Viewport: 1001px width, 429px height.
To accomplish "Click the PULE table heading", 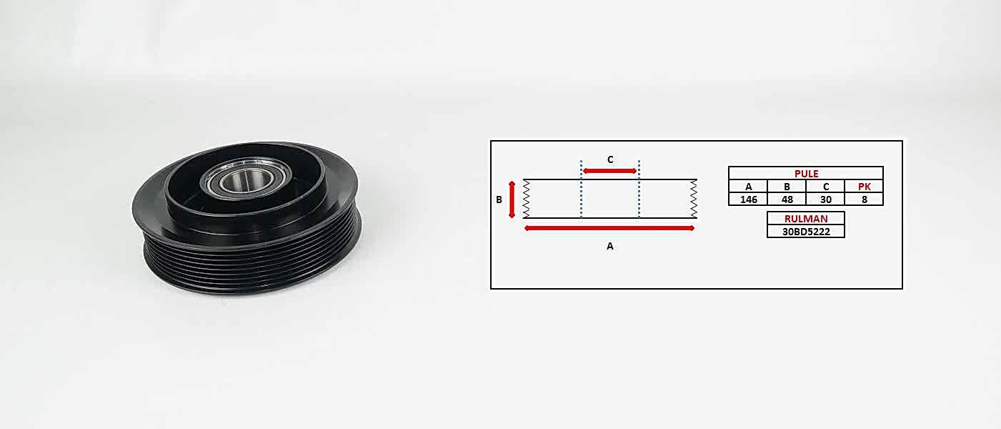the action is pos(806,174).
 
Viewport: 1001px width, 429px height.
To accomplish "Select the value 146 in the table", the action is pos(749,199).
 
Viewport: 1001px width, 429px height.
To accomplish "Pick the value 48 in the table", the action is pos(787,199).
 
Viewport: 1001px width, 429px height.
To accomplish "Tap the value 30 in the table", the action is pos(826,199).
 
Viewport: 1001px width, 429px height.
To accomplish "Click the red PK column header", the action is pos(865,187).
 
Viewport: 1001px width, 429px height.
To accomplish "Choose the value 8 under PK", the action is pos(865,199).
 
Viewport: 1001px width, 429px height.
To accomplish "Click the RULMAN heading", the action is pos(806,219).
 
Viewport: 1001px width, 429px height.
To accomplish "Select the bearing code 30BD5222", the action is pos(806,232).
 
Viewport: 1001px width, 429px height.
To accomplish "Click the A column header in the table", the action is pos(749,187).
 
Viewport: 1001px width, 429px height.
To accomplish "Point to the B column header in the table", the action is pos(787,187).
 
